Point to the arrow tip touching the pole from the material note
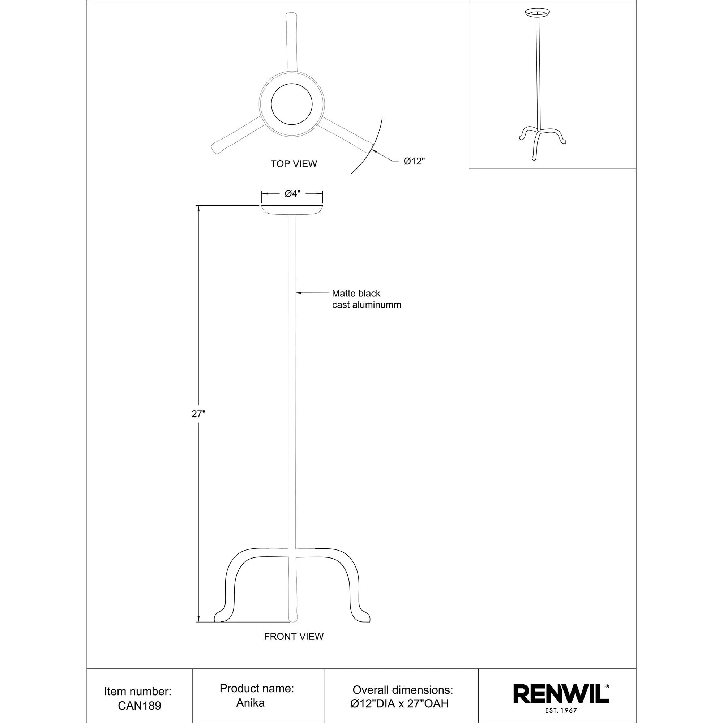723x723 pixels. pos(296,293)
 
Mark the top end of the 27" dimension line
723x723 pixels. pos(198,206)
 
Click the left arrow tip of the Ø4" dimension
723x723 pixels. pos(262,193)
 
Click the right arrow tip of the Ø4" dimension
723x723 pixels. pos(322,193)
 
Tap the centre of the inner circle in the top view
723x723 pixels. pos(291,104)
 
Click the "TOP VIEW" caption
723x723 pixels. pos(294,164)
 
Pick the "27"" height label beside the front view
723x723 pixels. pos(199,414)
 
